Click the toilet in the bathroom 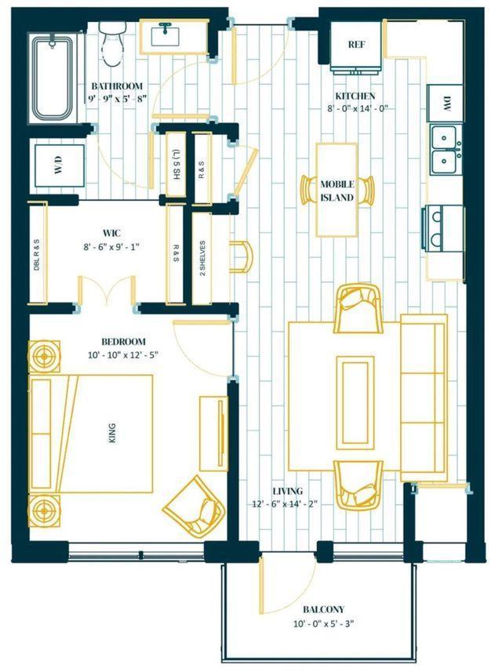(112, 43)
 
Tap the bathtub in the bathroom (53, 79)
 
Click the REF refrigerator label (356, 45)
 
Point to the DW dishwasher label (446, 104)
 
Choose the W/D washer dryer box (59, 165)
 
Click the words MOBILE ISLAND (337, 191)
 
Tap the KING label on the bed (112, 433)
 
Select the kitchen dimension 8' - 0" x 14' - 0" (358, 108)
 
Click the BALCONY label (324, 609)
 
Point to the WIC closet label (111, 233)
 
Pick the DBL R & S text (37, 255)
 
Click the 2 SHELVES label (202, 258)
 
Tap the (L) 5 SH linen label (176, 164)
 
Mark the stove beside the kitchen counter (443, 228)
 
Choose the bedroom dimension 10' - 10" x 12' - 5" (123, 355)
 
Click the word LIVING (288, 491)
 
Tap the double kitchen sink (446, 150)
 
